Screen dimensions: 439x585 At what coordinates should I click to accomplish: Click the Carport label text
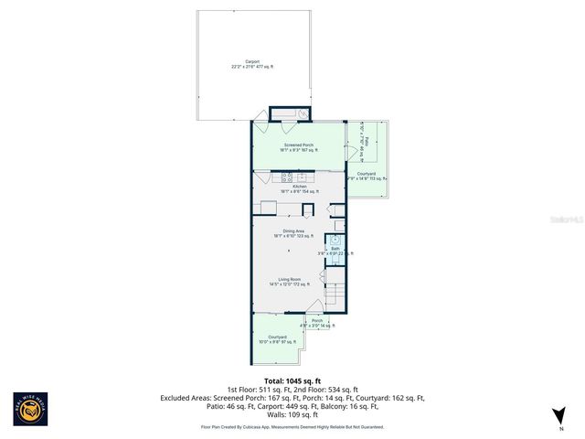[252, 64]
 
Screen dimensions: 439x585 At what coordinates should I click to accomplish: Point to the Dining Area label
[292, 233]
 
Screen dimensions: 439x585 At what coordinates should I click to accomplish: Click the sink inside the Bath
[335, 240]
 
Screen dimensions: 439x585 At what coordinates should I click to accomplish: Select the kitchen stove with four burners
[287, 177]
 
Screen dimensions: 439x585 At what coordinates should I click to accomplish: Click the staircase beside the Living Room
[335, 295]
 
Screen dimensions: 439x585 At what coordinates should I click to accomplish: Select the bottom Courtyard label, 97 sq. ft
[278, 340]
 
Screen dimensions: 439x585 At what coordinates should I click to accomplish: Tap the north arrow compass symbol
[558, 417]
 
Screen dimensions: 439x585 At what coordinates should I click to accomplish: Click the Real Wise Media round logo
[30, 409]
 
